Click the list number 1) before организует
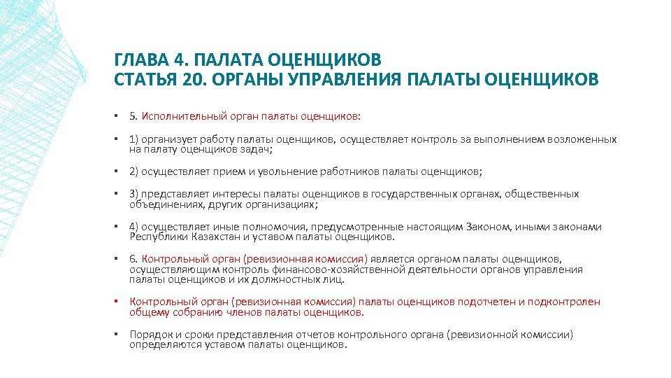134,139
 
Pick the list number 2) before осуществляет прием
134,171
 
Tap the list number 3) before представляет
134,194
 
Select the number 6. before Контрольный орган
134,259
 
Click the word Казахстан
203,237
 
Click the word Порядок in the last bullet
150,335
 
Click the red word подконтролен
563,302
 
